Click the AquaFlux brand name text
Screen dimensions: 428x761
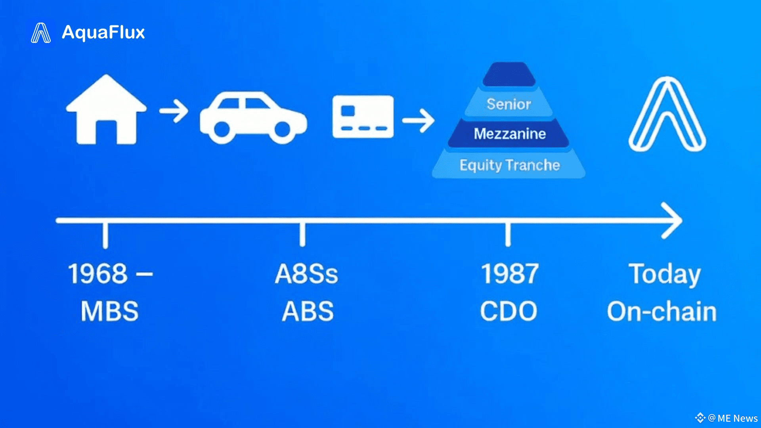103,32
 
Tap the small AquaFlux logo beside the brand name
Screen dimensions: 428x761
41,33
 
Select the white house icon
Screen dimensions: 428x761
106,110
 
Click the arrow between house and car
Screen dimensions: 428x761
174,111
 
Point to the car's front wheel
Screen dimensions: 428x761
282,129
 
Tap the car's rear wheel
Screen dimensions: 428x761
222,129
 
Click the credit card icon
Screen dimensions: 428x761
363,117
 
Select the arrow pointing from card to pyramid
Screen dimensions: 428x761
418,120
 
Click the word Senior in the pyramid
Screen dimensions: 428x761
509,104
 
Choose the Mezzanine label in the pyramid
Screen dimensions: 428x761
510,134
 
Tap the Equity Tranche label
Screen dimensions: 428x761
509,165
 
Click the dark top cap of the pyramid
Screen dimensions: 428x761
509,75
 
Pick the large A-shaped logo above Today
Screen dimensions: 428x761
667,115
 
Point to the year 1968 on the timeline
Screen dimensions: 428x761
98,273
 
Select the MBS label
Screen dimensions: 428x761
110,311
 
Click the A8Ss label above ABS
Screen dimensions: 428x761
306,273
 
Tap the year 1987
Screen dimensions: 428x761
510,273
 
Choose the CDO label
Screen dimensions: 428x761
509,311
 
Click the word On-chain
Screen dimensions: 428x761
662,311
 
